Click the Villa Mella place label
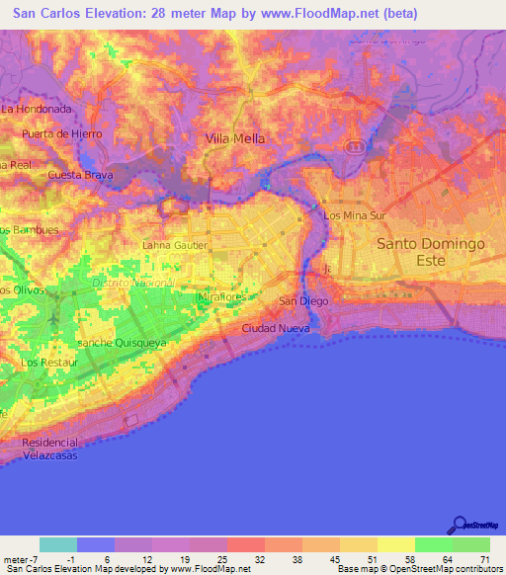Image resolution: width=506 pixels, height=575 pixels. pyautogui.click(x=235, y=139)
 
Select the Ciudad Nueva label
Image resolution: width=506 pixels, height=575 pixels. pyautogui.click(x=272, y=327)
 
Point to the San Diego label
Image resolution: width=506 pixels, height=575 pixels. pyautogui.click(x=301, y=300)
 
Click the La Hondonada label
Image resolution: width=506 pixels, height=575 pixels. pyautogui.click(x=38, y=108)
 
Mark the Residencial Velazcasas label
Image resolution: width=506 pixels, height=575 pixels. pyautogui.click(x=48, y=449)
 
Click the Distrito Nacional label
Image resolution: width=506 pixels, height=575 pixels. pyautogui.click(x=132, y=283)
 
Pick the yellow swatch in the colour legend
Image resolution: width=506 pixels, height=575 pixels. pyautogui.click(x=395, y=544)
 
